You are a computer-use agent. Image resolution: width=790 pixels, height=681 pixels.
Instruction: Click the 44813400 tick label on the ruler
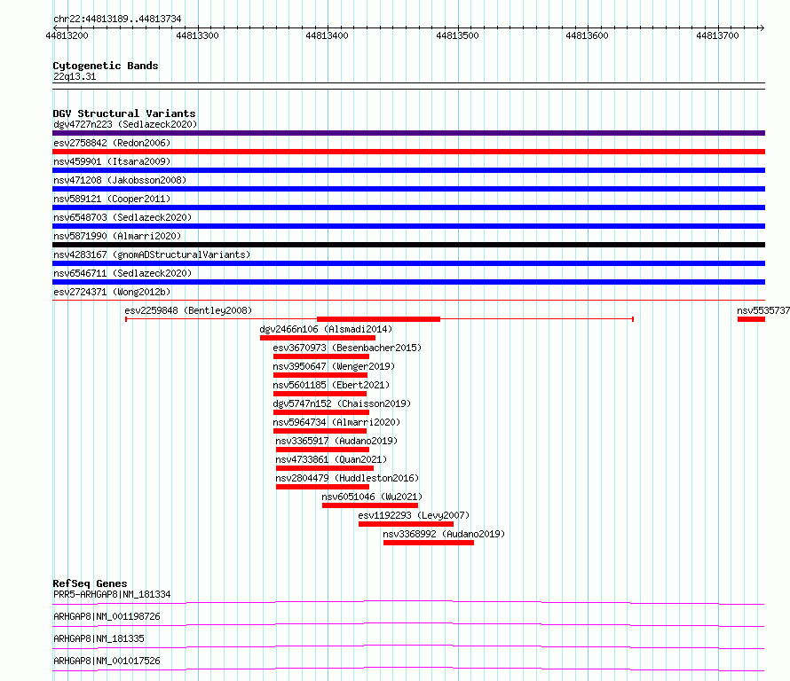click(327, 35)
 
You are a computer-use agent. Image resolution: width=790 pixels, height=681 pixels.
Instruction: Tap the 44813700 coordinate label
click(717, 35)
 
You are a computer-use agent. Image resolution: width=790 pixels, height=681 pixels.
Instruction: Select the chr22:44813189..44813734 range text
click(117, 20)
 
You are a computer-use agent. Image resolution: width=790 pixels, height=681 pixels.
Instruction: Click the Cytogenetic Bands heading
click(106, 66)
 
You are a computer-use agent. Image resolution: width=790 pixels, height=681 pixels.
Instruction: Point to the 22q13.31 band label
click(75, 76)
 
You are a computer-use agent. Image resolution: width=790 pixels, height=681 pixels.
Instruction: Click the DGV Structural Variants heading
click(124, 113)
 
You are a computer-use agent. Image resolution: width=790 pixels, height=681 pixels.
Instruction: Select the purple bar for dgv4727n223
click(408, 133)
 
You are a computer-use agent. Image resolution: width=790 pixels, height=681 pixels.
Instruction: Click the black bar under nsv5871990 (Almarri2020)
click(408, 245)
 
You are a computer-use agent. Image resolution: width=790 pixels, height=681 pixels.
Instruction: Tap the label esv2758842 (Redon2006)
click(112, 143)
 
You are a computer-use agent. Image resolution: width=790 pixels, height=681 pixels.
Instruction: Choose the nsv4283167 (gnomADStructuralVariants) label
click(152, 254)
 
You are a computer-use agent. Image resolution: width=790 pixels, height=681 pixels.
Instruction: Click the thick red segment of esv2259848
click(378, 319)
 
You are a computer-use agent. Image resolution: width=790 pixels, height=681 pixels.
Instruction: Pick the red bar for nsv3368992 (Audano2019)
click(428, 543)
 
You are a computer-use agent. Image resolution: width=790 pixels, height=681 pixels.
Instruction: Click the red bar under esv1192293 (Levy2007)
click(406, 524)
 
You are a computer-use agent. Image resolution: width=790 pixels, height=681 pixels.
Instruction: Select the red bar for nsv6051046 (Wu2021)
click(370, 505)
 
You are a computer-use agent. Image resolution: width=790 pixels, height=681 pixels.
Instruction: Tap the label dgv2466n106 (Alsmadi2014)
click(326, 329)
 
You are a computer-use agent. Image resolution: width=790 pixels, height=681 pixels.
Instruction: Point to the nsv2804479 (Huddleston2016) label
click(347, 478)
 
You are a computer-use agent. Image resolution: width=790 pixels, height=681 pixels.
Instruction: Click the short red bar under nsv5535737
click(751, 319)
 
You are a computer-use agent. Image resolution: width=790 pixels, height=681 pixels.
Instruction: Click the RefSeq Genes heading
click(90, 583)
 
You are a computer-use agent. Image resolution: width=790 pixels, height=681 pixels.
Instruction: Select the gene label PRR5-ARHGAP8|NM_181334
click(112, 594)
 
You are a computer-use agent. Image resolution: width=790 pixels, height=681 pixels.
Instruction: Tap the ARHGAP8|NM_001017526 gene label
click(107, 661)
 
